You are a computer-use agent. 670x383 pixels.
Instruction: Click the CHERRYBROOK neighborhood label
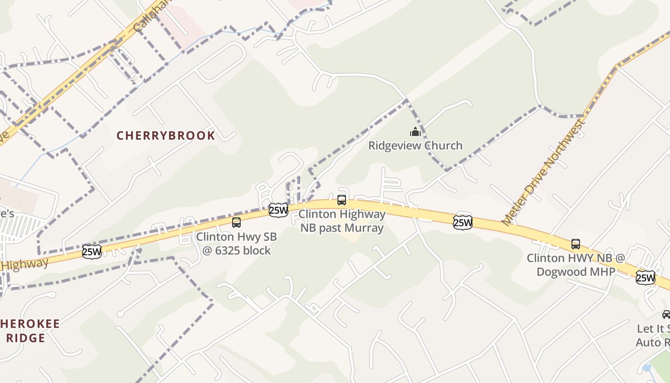point(166,135)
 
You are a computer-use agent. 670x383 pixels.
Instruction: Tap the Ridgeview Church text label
point(415,146)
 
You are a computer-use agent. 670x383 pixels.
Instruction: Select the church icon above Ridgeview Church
point(415,131)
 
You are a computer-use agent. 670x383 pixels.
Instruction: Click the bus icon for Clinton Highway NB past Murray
point(342,200)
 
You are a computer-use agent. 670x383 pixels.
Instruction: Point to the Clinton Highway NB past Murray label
point(342,221)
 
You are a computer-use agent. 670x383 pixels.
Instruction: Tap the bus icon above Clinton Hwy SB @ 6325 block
point(236,222)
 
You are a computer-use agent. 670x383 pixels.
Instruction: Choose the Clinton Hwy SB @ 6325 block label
point(236,243)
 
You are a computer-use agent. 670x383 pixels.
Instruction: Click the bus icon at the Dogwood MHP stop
point(576,244)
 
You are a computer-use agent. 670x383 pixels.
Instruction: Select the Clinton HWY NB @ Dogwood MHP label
point(576,265)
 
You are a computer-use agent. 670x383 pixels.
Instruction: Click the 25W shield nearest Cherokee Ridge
point(92,251)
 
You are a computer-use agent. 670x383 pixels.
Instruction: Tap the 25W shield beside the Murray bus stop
point(279,210)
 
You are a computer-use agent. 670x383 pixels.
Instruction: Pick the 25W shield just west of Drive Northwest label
point(463,222)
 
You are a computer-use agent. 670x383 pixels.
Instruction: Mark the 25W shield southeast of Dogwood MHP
point(646,277)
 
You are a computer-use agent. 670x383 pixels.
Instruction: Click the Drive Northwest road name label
point(544,172)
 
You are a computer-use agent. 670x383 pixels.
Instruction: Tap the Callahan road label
point(145,16)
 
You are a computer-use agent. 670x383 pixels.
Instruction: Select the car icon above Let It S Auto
point(666,315)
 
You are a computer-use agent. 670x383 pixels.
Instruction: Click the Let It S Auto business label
point(653,336)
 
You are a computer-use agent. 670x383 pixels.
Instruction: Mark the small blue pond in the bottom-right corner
point(648,367)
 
